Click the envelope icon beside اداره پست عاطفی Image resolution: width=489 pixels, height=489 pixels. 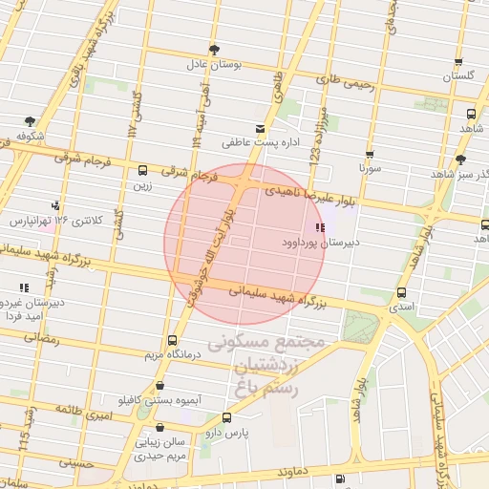(260, 128)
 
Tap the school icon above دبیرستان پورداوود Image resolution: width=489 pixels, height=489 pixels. (320, 227)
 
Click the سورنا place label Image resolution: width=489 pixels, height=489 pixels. (370, 168)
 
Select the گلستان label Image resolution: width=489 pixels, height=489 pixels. (459, 74)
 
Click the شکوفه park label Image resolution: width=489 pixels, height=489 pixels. (31, 136)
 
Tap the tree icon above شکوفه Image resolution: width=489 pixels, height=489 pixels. (31, 121)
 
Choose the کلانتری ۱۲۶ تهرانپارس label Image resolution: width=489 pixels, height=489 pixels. (50, 221)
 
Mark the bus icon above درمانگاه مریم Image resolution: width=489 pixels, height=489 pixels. (172, 340)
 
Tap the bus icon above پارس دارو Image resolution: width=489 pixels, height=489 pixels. (226, 417)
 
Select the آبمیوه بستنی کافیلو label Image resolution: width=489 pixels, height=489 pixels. (144, 398)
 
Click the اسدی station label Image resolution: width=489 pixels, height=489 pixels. (401, 308)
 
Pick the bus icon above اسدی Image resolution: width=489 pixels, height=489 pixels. (400, 293)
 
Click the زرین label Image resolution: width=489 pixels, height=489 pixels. (144, 186)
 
